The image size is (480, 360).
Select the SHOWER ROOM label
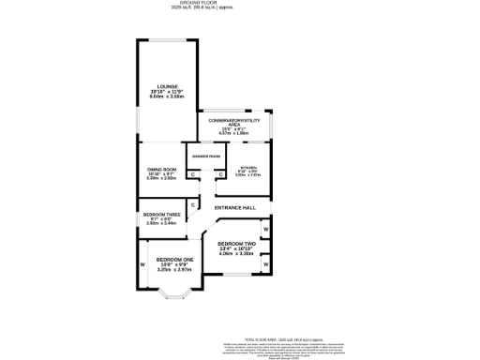pyautogui.click(x=206, y=156)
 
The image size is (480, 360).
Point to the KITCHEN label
pyautogui.click(x=247, y=168)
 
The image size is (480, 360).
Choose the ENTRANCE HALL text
pyautogui.click(x=235, y=207)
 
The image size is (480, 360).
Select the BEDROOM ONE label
pyautogui.click(x=174, y=259)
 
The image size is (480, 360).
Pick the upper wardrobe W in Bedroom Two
pyautogui.click(x=266, y=229)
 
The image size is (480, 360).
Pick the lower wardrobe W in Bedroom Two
pyautogui.click(x=266, y=266)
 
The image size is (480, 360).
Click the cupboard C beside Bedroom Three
pyautogui.click(x=193, y=205)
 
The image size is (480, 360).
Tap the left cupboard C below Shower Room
pyautogui.click(x=192, y=174)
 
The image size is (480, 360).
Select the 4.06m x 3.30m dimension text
pyautogui.click(x=235, y=254)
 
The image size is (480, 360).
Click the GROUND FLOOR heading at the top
pyautogui.click(x=240, y=4)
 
